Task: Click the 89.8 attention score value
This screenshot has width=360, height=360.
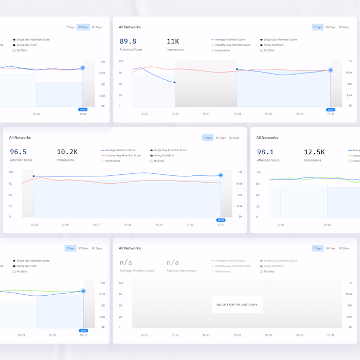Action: pyautogui.click(x=128, y=42)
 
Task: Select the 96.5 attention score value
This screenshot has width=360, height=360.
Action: pyautogui.click(x=18, y=152)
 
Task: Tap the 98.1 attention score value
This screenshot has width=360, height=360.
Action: pyautogui.click(x=265, y=152)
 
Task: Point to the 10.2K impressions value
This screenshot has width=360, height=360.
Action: pyautogui.click(x=67, y=152)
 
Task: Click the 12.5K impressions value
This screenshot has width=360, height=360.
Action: pyautogui.click(x=314, y=152)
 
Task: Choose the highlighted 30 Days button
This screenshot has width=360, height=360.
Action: pyautogui.click(x=83, y=27)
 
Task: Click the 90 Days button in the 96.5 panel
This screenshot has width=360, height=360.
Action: pyautogui.click(x=235, y=138)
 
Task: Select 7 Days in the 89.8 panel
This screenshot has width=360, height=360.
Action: pyautogui.click(x=317, y=27)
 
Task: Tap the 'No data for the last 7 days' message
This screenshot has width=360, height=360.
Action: pyautogui.click(x=237, y=304)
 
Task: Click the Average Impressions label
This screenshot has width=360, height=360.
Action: pyautogui.click(x=181, y=271)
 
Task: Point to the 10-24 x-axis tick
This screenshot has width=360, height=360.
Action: pyautogui.click(x=36, y=114)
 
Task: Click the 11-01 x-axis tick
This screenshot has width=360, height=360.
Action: pyautogui.click(x=83, y=114)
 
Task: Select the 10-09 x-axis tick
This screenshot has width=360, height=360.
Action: pyautogui.click(x=328, y=225)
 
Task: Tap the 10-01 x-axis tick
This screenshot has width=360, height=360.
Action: pyautogui.click(x=281, y=225)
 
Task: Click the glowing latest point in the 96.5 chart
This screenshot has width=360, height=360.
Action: pyautogui.click(x=221, y=175)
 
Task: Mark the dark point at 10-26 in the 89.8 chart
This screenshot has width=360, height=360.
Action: pyautogui.click(x=175, y=82)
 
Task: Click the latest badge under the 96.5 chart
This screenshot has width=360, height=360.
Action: pyautogui.click(x=221, y=220)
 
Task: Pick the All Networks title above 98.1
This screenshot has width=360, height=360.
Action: pyautogui.click(x=267, y=138)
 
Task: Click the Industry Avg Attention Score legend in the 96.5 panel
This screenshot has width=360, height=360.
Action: pyautogui.click(x=123, y=155)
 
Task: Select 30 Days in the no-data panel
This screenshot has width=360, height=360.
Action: pyautogui.click(x=330, y=248)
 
